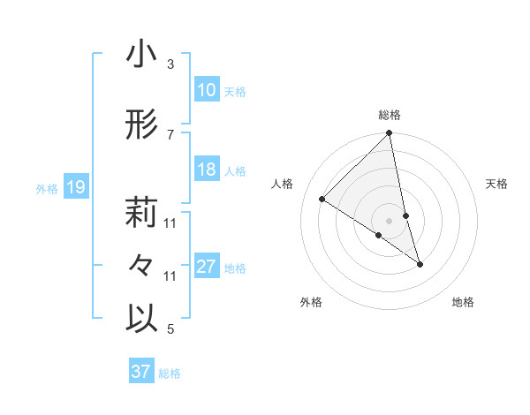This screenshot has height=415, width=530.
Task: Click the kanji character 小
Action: (x=141, y=55)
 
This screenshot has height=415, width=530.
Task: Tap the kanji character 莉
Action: (x=141, y=213)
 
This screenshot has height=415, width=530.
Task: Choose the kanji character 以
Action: (x=141, y=319)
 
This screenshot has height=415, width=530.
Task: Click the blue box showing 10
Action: (x=207, y=90)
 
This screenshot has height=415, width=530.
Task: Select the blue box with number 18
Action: (x=207, y=170)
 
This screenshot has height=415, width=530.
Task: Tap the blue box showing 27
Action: (x=207, y=268)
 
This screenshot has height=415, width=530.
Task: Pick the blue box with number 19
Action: (x=75, y=187)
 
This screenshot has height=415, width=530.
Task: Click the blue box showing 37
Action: (x=141, y=372)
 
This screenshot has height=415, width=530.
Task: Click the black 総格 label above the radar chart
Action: (x=390, y=115)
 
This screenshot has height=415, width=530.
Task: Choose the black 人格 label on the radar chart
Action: (x=283, y=184)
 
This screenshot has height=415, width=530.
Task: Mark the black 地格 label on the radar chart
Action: (x=463, y=302)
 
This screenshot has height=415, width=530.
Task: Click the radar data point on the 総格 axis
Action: (x=390, y=133)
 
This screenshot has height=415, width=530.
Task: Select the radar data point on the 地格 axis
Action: (x=420, y=264)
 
